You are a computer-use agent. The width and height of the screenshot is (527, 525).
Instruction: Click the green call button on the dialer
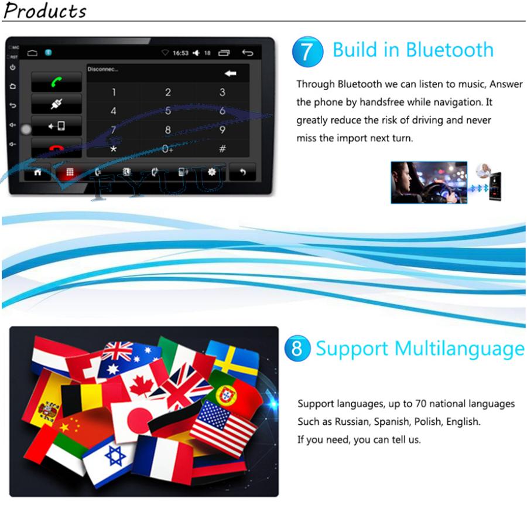56,81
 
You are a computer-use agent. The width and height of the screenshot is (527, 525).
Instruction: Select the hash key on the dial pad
222,148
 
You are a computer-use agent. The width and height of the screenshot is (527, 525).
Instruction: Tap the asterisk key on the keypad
114,149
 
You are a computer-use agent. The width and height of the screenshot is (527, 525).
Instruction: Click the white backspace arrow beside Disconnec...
231,73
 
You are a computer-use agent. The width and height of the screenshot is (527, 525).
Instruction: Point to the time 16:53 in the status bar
180,53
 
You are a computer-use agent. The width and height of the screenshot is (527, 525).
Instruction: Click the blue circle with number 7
307,52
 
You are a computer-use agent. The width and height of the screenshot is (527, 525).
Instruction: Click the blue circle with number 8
297,348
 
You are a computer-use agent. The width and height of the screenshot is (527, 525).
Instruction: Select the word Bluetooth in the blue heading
450,50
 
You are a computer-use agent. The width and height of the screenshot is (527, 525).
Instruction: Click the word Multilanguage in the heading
459,349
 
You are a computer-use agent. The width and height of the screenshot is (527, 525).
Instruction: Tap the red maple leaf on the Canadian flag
141,386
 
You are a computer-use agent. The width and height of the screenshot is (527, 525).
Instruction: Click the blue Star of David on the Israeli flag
115,456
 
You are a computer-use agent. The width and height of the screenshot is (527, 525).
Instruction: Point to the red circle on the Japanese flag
139,420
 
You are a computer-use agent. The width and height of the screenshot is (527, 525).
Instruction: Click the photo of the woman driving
429,182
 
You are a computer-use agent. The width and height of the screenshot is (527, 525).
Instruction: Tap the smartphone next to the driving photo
495,186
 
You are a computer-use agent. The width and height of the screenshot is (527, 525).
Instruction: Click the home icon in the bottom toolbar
37,172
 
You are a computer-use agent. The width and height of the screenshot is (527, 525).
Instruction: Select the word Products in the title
45,11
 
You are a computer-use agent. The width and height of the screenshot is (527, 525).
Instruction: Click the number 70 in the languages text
421,403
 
